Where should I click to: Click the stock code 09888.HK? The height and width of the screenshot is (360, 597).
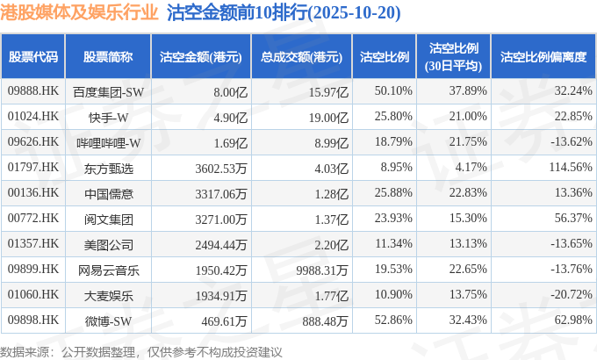pos(32,91)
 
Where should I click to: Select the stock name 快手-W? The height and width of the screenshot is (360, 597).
pos(109,117)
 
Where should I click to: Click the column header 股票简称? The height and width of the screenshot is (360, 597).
pos(108,57)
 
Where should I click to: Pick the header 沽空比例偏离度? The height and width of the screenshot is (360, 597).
pos(543,57)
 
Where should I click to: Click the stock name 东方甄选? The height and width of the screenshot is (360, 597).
pos(108,168)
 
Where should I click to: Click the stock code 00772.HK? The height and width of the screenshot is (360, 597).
pos(32,219)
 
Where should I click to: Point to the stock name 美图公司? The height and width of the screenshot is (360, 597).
pos(108,243)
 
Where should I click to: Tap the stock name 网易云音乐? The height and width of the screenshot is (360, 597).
pos(108,269)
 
